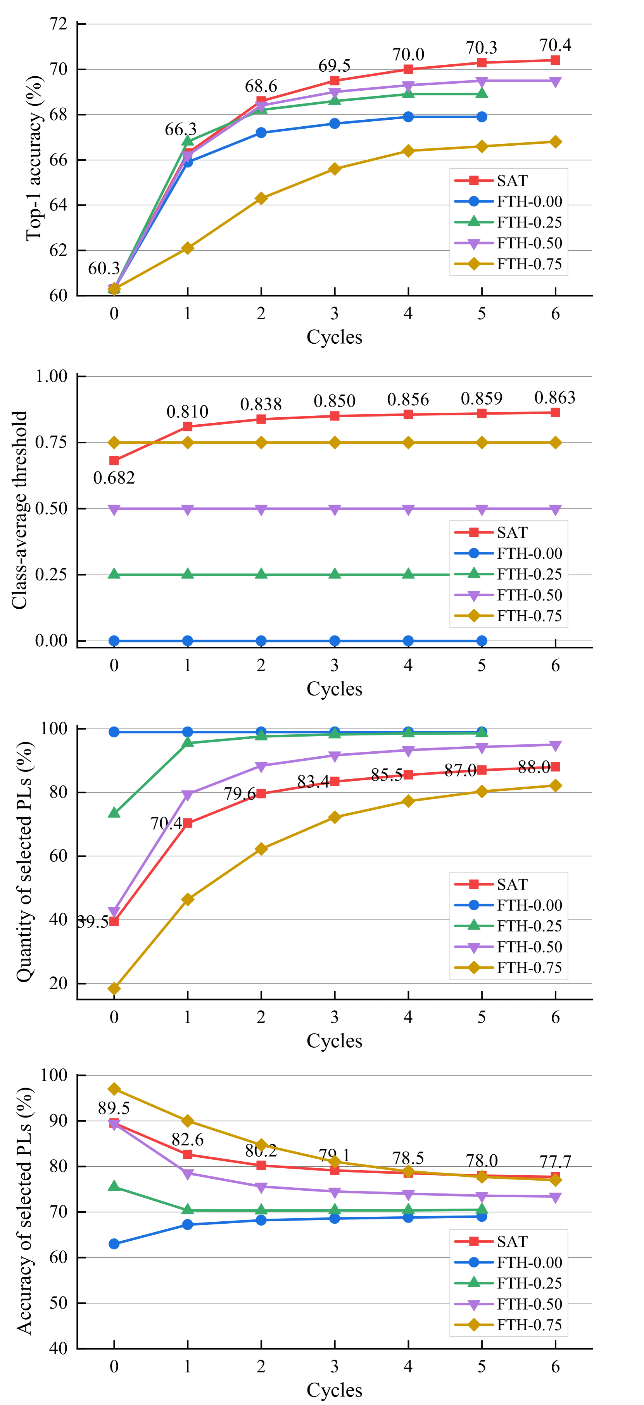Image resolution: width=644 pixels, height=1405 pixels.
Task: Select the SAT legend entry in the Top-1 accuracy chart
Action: (x=512, y=181)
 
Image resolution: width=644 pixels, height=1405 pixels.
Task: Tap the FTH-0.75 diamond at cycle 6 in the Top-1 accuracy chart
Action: (x=555, y=142)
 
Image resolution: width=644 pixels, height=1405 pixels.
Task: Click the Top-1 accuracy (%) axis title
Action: (x=34, y=158)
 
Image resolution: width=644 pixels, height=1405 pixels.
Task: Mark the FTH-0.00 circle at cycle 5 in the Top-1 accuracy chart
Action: (x=482, y=117)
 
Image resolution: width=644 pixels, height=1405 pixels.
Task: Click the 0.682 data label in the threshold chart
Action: (x=114, y=478)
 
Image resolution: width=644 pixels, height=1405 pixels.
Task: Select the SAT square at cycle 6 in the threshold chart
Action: (x=555, y=412)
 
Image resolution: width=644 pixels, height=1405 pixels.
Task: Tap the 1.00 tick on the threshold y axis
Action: (x=51, y=376)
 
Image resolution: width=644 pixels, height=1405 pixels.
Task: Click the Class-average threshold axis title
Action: (x=20, y=510)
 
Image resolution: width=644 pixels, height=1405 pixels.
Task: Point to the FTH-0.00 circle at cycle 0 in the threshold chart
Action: (x=114, y=641)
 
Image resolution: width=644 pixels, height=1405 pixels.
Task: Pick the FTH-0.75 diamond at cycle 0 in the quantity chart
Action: (x=114, y=988)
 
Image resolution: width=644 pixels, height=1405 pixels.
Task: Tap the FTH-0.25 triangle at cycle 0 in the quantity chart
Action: (x=114, y=813)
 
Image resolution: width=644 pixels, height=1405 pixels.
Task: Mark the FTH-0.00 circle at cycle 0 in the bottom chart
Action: (x=114, y=1243)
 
